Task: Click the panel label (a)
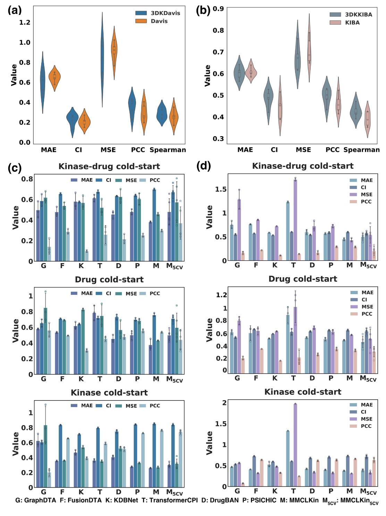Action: [15, 10]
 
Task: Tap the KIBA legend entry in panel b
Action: [352, 23]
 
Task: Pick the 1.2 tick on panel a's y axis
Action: [25, 23]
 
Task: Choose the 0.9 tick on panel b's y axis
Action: [218, 9]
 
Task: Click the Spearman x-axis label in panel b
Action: [361, 150]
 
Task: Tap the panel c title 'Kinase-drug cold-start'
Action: [109, 166]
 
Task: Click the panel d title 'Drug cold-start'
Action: [303, 279]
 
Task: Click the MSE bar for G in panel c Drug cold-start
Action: [45, 341]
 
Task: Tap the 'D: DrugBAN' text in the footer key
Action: [220, 500]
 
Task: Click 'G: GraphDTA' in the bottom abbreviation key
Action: [36, 500]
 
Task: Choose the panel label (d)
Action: [203, 166]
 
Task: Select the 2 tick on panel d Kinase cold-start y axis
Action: [224, 403]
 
